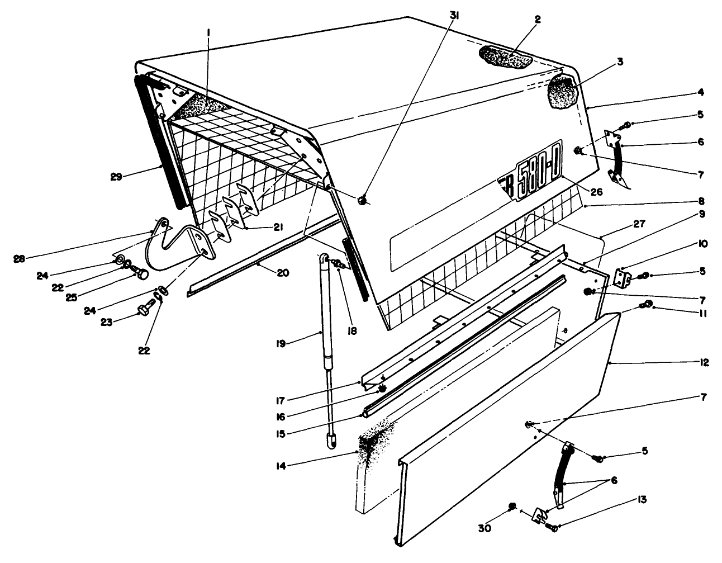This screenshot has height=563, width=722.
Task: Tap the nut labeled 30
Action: point(511,507)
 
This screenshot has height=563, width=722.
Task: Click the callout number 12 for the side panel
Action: point(703,362)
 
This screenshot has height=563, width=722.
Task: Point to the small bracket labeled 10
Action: point(622,277)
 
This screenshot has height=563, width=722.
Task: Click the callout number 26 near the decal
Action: point(596,191)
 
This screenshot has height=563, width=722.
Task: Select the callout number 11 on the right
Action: point(702,313)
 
